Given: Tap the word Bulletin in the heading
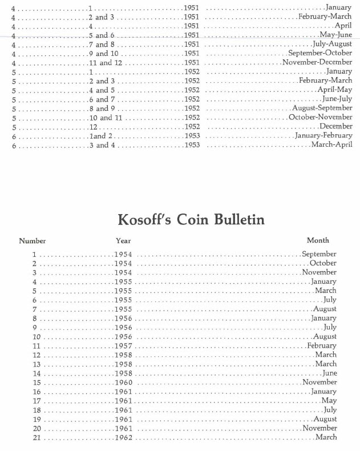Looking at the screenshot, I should [237, 219].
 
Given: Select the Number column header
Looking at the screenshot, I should [32, 241].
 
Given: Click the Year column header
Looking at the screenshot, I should [123, 241].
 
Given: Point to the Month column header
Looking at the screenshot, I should [318, 240].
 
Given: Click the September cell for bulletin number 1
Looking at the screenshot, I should [319, 254].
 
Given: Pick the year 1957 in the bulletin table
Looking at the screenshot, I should [123, 346].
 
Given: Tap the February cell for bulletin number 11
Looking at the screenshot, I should [322, 346].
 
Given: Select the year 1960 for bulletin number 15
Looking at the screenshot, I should [123, 382].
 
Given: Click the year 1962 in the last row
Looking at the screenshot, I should [123, 438].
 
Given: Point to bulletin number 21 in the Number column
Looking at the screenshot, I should [37, 438].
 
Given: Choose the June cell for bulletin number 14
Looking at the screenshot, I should [329, 373].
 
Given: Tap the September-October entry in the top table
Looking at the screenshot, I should [320, 53].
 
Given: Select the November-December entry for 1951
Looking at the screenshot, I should [317, 62].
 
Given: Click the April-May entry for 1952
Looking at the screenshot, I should [334, 90].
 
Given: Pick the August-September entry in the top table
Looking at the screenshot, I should [322, 108].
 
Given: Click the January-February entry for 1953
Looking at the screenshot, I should [323, 136].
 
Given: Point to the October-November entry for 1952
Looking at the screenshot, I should [320, 117].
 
